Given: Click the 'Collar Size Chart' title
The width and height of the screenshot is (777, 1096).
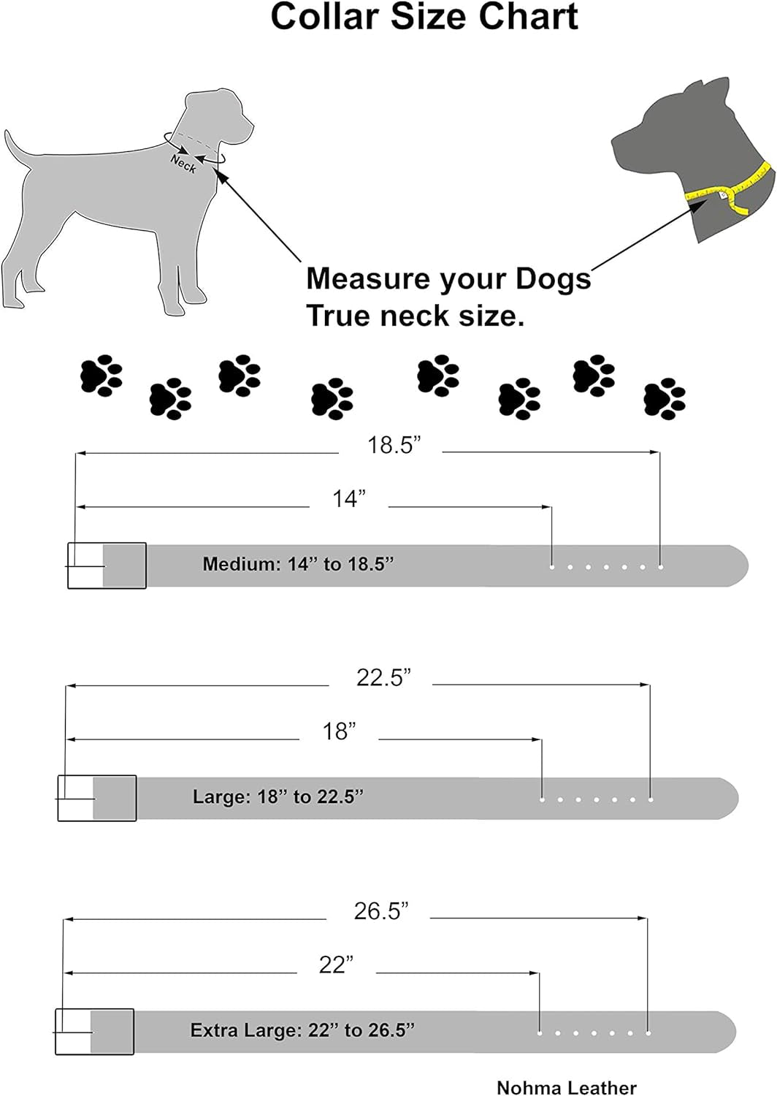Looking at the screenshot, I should click(424, 17).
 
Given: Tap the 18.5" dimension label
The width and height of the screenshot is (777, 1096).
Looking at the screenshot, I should click(394, 445).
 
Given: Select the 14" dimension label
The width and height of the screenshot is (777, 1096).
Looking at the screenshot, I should click(348, 499).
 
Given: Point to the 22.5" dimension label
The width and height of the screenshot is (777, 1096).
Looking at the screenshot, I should click(383, 678).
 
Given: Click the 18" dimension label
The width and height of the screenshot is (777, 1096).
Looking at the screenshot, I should click(339, 731).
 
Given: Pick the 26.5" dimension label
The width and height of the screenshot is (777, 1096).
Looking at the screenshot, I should click(380, 911).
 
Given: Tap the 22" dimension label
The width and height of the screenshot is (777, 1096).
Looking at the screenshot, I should click(336, 965).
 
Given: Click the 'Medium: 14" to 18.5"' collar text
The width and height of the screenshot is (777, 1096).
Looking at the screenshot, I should click(298, 564).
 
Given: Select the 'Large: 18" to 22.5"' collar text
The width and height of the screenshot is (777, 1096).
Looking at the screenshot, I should click(277, 796).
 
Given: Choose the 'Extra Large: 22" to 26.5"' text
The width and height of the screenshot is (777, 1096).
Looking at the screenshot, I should click(302, 1030).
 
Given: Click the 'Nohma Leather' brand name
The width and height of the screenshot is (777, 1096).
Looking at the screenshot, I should click(566, 1087).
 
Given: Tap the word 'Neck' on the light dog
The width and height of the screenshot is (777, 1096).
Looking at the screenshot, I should click(183, 164).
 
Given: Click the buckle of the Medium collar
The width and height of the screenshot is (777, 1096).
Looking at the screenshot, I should click(106, 566).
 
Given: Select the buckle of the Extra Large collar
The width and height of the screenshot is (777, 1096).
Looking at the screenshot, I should click(94, 1032).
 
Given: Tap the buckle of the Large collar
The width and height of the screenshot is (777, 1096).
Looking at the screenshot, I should click(96, 798).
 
